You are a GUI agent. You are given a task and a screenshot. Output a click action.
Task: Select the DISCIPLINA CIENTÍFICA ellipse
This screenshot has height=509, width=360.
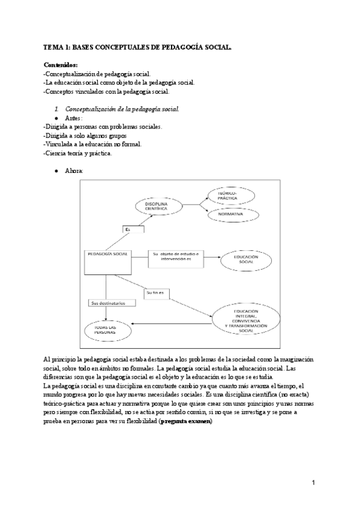[x=159, y=206]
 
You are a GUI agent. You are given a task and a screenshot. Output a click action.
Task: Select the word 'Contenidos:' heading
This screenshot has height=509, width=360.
[x=61, y=65]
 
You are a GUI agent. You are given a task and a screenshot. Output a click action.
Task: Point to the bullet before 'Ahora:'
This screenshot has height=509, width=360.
[x=56, y=171]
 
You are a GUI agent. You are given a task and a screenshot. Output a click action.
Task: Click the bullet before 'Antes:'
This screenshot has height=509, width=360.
[x=56, y=118]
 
